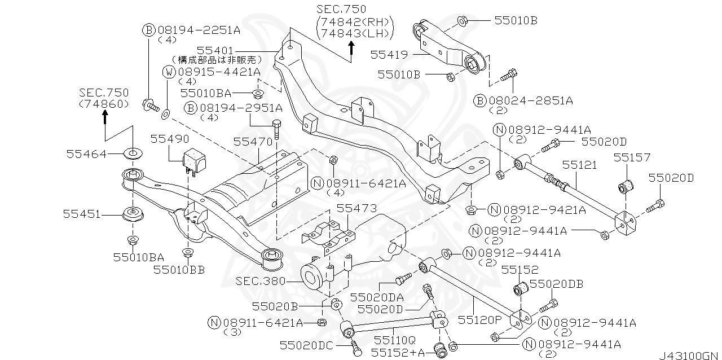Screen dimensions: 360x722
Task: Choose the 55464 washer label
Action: tap(86, 153)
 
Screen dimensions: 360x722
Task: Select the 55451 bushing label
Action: tap(82, 214)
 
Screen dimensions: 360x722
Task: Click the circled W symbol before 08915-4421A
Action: tap(169, 72)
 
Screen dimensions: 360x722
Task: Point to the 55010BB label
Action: tap(179, 270)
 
